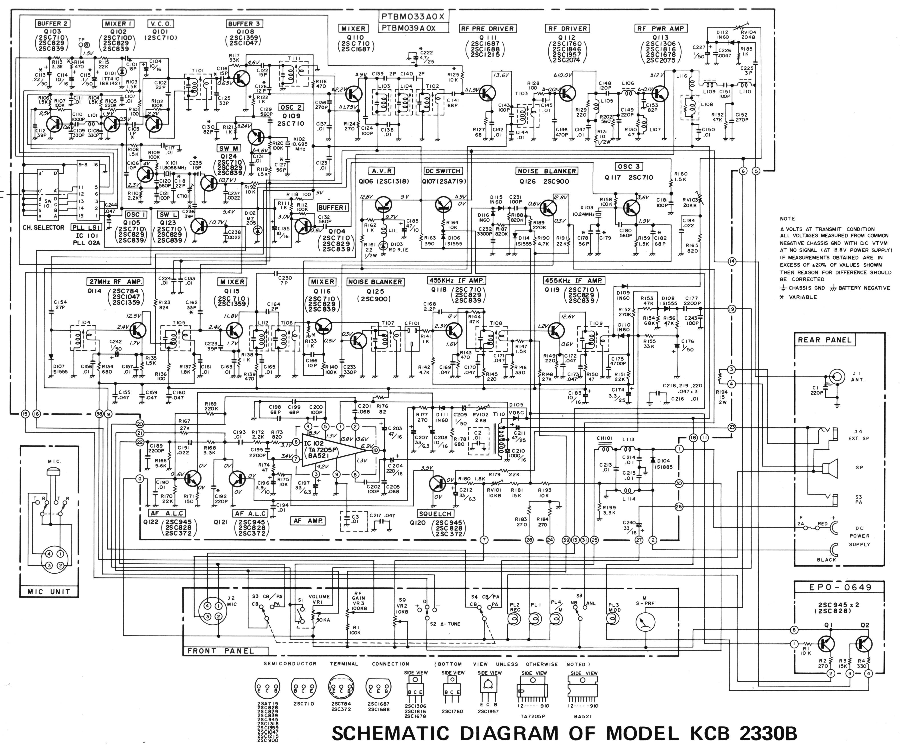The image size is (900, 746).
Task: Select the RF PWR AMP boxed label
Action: pyautogui.click(x=660, y=28)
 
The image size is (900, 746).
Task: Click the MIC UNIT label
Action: pyautogui.click(x=49, y=592)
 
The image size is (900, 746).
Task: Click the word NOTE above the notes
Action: pyautogui.click(x=787, y=218)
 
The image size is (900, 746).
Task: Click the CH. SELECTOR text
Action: pyautogui.click(x=43, y=228)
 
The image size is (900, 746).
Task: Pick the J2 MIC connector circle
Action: pyautogui.click(x=213, y=612)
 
